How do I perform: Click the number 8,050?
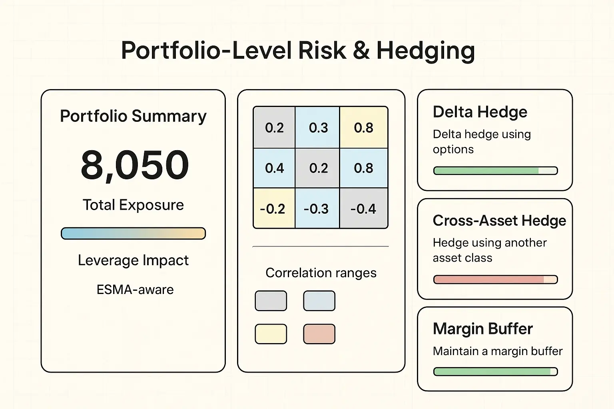[135, 165]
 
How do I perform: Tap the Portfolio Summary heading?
[133, 116]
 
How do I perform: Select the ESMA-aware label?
[135, 290]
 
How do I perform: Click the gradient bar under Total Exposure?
[133, 234]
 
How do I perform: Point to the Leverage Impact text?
[133, 260]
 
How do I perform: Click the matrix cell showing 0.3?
[318, 128]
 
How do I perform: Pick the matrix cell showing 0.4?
[274, 168]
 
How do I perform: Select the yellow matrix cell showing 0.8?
[363, 128]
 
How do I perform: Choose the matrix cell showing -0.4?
[363, 209]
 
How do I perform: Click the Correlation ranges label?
[321, 273]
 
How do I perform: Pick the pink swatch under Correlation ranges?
[319, 334]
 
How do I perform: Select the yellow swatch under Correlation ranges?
[271, 334]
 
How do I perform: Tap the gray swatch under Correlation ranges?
[271, 301]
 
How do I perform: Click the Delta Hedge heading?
[480, 112]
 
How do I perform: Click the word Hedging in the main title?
[425, 51]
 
